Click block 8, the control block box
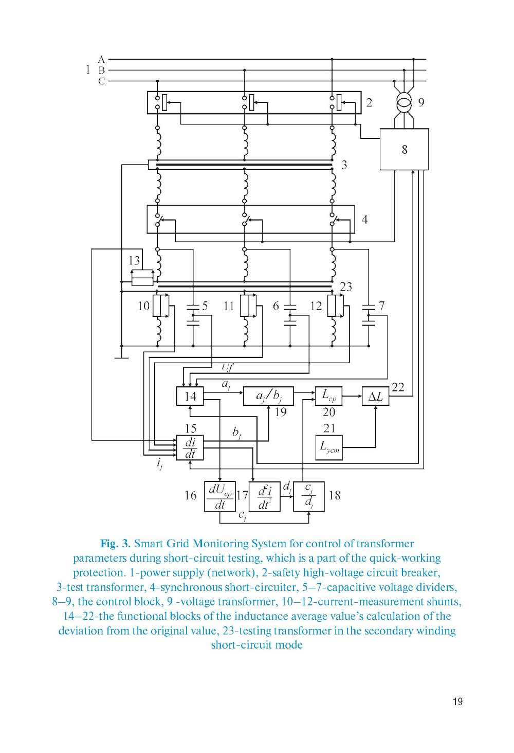point(404,149)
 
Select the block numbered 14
point(190,396)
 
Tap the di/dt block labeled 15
point(190,447)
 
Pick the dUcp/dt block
point(219,496)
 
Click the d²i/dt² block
point(264,496)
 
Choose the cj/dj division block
point(308,496)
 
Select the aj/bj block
point(268,396)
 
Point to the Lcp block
point(328,396)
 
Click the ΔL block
point(375,396)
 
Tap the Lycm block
point(328,447)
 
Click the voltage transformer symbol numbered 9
point(404,102)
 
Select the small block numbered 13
point(142,278)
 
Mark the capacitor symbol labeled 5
point(193,315)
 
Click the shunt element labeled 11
point(248,306)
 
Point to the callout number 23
point(346,286)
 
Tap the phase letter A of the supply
point(101,60)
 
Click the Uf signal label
point(227,367)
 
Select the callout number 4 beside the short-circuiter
point(364,220)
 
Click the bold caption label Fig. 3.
point(115,544)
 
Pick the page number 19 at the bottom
point(457,702)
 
